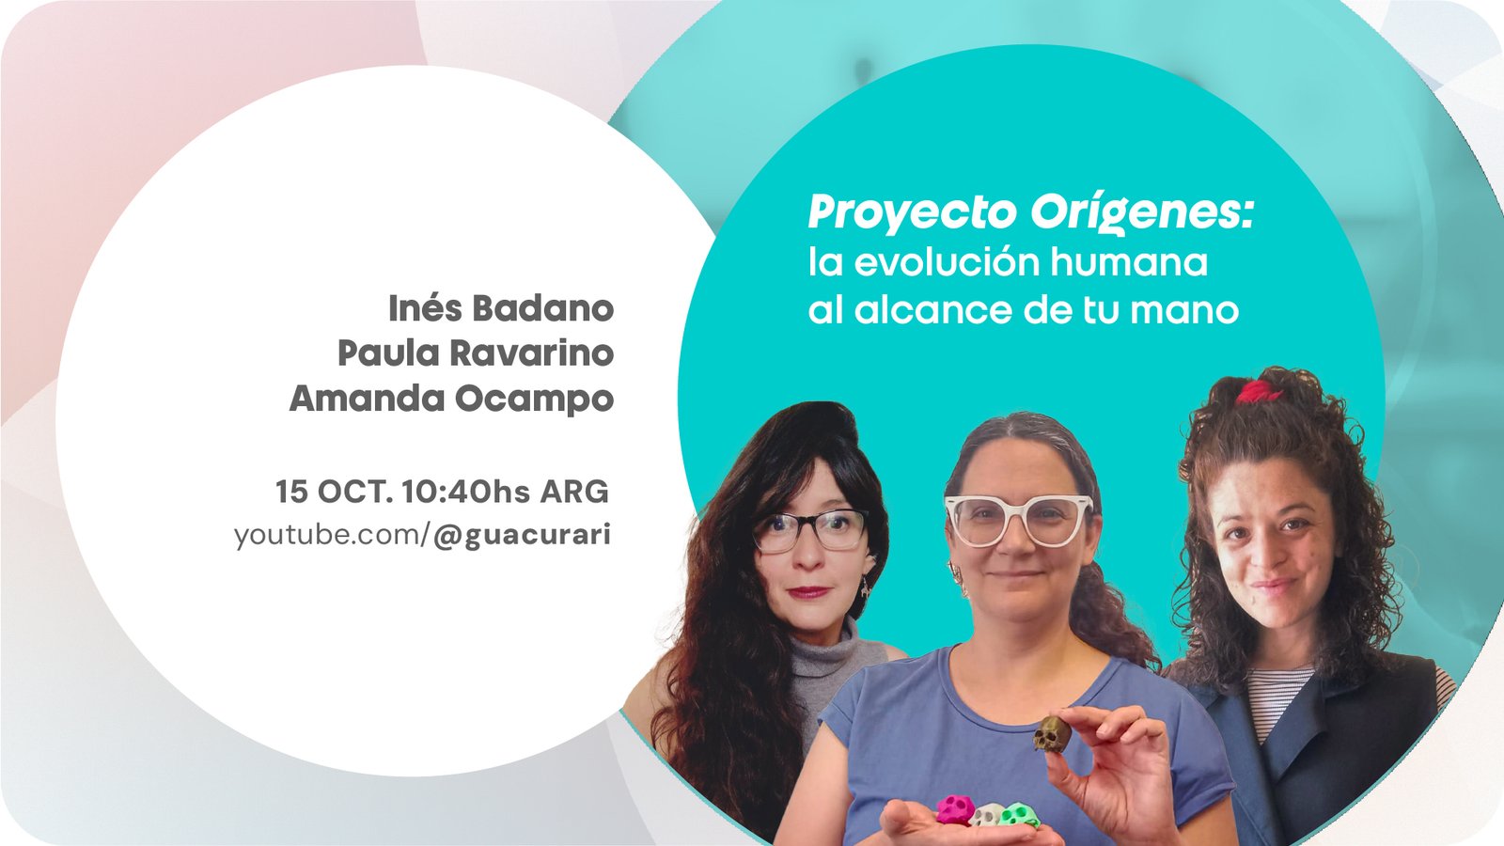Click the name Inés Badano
(x=501, y=308)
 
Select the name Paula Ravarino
(x=476, y=353)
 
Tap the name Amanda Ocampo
(x=451, y=399)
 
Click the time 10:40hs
(x=466, y=492)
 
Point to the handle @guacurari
(x=522, y=535)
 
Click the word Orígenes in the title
(x=1142, y=212)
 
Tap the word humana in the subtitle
(x=1129, y=262)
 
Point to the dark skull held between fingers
(x=1052, y=732)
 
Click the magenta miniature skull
(x=955, y=809)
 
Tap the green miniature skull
(x=1019, y=815)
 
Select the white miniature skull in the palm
(x=987, y=816)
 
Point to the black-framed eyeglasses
(x=809, y=530)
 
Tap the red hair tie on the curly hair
(x=1259, y=391)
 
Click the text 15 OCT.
(x=334, y=492)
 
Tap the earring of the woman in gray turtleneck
(x=865, y=587)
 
